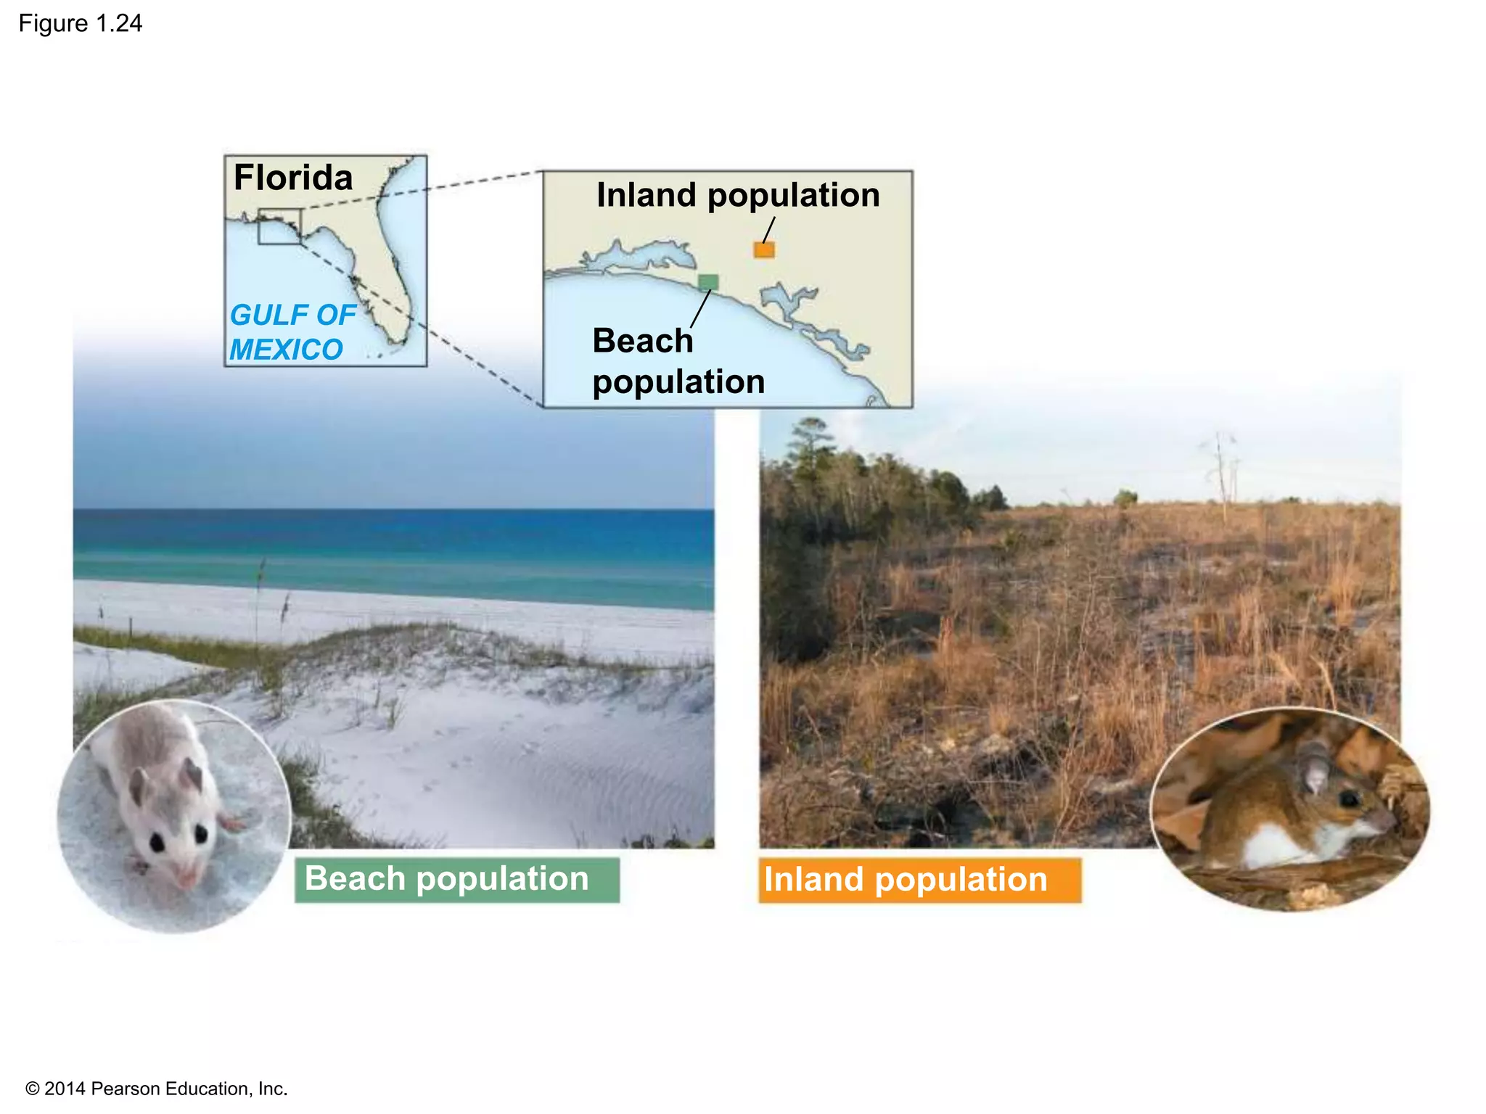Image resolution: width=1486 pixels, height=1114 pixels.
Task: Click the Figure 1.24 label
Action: click(x=81, y=24)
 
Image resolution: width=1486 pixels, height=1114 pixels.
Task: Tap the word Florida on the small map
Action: click(x=293, y=178)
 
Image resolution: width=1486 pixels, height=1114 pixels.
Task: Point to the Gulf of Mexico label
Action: click(x=292, y=332)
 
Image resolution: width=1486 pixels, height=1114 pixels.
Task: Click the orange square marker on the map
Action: click(x=764, y=249)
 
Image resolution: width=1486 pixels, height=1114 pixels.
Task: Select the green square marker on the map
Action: click(x=708, y=282)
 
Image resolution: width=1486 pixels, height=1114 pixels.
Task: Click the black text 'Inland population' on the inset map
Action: click(x=738, y=195)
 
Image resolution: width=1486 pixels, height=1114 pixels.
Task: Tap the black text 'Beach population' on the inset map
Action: click(x=678, y=361)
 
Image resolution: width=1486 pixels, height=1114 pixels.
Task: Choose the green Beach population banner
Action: click(x=457, y=880)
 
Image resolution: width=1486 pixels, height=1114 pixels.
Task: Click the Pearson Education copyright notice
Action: click(x=157, y=1089)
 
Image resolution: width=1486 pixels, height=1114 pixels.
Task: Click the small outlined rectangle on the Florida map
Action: click(x=279, y=226)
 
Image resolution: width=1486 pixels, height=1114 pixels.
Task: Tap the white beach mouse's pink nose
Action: click(x=184, y=879)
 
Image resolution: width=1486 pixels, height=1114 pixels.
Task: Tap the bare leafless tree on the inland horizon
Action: click(x=1222, y=471)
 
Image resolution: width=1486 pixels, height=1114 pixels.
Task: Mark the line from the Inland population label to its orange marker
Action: click(x=769, y=230)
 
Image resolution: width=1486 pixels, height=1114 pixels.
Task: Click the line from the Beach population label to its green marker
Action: click(x=701, y=309)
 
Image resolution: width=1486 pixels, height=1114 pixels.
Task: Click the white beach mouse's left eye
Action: click(x=157, y=842)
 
